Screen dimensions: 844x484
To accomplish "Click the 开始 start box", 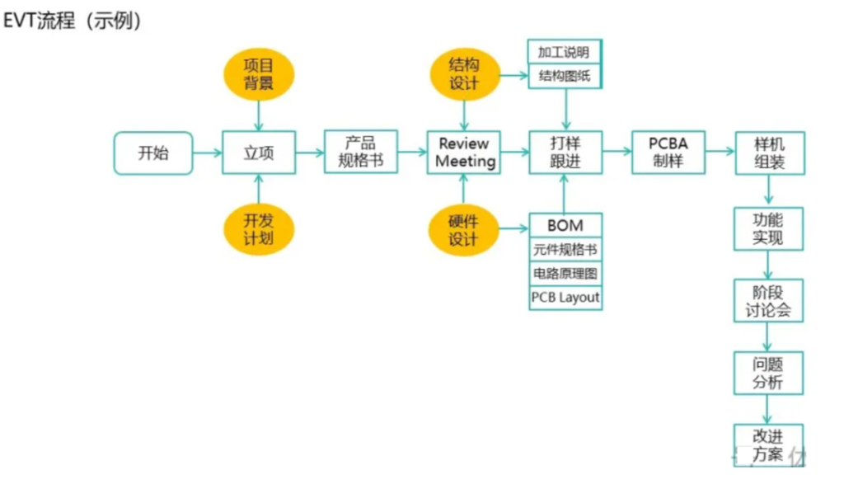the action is point(153,153).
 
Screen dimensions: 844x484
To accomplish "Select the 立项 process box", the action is point(259,153).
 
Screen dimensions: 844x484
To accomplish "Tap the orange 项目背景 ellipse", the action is point(259,74).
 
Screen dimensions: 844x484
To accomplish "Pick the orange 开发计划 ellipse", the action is point(259,229).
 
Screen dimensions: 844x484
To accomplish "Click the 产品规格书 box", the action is point(361,151).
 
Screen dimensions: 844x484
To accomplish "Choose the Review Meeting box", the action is point(464,153).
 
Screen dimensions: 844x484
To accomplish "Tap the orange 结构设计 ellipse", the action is point(465,74).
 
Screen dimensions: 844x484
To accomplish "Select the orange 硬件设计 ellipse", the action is point(463,230).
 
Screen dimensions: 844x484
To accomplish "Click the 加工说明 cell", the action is point(564,52).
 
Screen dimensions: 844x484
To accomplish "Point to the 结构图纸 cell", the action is point(564,76).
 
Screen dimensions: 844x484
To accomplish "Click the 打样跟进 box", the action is point(565,153).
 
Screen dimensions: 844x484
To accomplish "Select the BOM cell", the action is point(565,225).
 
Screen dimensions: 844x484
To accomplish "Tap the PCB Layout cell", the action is point(565,298).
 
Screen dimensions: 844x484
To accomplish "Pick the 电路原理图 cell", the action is point(565,274).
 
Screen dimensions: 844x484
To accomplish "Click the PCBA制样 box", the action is point(668,153).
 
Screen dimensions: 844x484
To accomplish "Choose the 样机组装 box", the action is point(770,153).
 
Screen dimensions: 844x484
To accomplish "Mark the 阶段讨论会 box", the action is point(768,300).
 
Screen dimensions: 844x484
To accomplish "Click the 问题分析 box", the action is point(768,373).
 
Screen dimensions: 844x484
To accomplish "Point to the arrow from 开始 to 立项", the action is point(207,153).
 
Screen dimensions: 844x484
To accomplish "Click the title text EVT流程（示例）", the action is point(73,21).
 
